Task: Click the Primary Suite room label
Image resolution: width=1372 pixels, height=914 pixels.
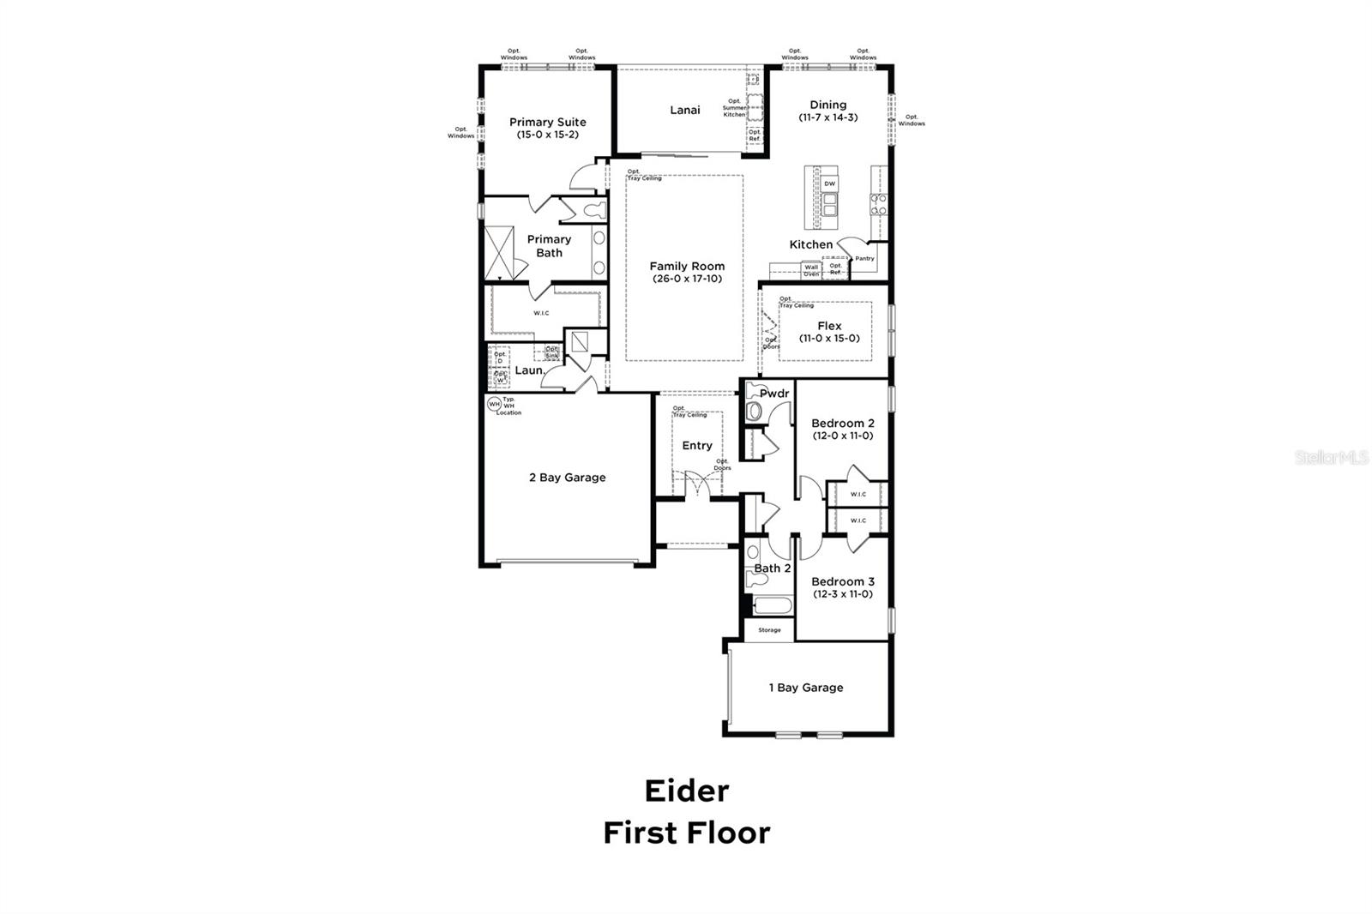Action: click(547, 122)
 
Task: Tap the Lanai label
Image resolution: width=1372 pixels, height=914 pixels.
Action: click(684, 110)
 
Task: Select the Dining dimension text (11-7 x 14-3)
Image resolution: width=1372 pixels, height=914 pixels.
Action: click(827, 117)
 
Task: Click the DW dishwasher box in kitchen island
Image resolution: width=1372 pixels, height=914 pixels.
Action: click(829, 184)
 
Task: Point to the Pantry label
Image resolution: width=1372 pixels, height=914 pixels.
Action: click(864, 258)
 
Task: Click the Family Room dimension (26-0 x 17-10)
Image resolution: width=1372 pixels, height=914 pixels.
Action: click(686, 279)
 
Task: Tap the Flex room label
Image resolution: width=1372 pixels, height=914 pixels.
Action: click(829, 326)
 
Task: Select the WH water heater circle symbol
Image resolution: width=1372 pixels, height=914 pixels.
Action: click(494, 403)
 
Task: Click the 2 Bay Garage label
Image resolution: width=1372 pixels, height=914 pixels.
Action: click(567, 478)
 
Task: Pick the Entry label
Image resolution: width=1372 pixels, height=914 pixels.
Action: click(696, 445)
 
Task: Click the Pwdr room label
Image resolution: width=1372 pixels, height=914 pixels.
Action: click(773, 394)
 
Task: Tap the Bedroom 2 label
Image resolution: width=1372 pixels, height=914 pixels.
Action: click(842, 423)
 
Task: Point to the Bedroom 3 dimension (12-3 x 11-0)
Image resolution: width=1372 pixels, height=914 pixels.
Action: click(842, 594)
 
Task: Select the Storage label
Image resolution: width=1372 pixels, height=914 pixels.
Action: click(769, 630)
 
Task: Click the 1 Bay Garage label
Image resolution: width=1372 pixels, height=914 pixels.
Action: click(805, 688)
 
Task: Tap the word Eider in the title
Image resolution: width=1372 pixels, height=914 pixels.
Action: click(686, 791)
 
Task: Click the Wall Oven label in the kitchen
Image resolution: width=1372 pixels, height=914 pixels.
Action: click(811, 270)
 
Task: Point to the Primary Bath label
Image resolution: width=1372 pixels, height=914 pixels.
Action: click(549, 246)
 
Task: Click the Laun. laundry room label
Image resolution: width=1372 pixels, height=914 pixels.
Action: click(529, 370)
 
